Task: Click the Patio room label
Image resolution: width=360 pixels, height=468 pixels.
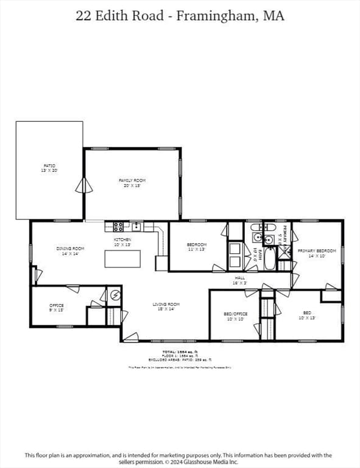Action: tap(49, 168)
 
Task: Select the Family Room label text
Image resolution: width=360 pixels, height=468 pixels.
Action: tap(132, 183)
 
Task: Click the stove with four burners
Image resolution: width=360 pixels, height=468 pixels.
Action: tap(118, 227)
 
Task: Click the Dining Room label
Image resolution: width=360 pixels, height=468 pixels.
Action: tap(70, 251)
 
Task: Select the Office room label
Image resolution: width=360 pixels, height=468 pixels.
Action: tap(57, 308)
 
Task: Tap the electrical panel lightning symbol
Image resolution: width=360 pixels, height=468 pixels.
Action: tap(115, 296)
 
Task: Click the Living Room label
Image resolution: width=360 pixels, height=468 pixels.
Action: tap(166, 307)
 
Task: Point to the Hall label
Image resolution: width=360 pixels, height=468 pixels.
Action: tap(240, 280)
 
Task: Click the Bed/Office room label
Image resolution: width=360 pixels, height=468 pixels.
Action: tap(236, 316)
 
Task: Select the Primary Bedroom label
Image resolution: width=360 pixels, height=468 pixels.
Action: tap(317, 253)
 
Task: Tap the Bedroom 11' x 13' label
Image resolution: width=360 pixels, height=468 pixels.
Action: tap(197, 247)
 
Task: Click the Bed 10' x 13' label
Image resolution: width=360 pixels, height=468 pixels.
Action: tap(307, 315)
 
